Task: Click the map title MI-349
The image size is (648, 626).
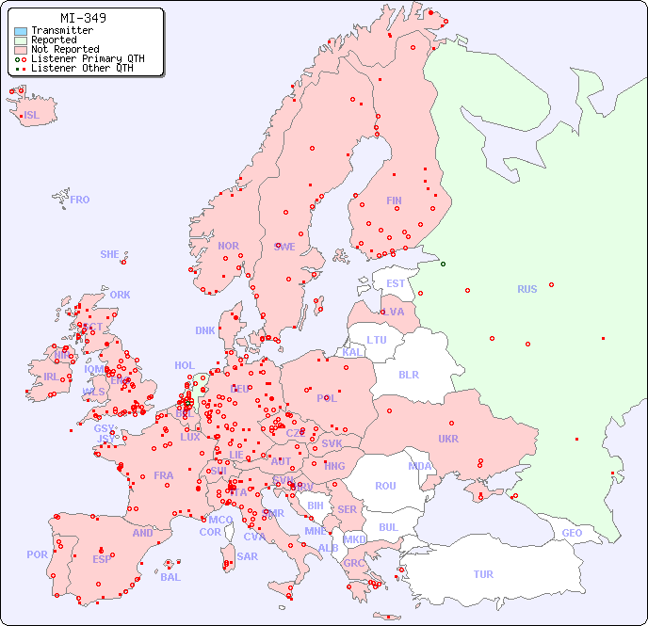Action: [83, 18]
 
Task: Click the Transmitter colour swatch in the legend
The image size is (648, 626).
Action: [21, 31]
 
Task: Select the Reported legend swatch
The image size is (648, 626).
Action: [21, 40]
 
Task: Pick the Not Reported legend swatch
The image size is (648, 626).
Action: [21, 50]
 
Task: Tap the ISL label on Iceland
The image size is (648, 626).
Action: [32, 116]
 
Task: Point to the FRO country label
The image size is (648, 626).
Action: [80, 200]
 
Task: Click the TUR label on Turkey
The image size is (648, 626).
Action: [483, 574]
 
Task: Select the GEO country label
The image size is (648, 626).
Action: [572, 533]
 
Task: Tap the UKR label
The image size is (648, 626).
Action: [448, 439]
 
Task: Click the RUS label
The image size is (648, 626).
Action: [526, 289]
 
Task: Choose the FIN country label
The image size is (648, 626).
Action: [394, 201]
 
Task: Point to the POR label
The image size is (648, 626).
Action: [37, 554]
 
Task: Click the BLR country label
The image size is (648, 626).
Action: [409, 374]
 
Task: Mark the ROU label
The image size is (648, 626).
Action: [385, 486]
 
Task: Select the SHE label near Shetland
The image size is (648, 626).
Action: [110, 254]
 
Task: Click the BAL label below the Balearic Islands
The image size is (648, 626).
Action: [170, 577]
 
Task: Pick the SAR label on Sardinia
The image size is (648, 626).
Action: [248, 556]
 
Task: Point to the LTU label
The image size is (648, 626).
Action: [377, 340]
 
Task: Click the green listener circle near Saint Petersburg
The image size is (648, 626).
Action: [443, 264]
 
